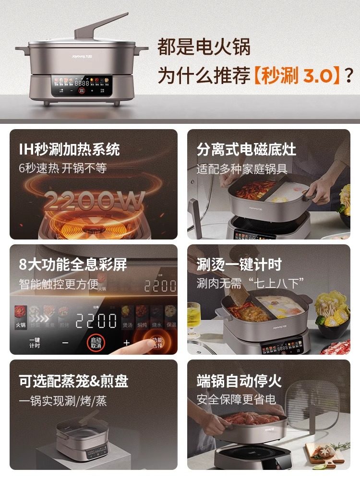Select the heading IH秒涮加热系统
[x=69, y=149]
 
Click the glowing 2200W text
[x=94, y=200]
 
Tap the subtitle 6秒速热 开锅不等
[x=62, y=168]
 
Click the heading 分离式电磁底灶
[x=246, y=149]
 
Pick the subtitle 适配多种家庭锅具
[x=242, y=169]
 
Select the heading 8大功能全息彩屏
[x=72, y=264]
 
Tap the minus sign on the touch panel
[x=65, y=343]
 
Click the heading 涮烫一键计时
[x=239, y=264]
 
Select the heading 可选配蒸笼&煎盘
[x=73, y=382]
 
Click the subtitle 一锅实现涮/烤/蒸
[x=63, y=401]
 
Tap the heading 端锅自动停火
[x=239, y=382]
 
